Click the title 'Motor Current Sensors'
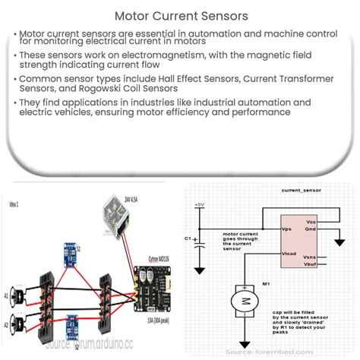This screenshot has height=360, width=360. pos(179,14)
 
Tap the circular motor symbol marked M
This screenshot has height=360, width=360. pos(245,302)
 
